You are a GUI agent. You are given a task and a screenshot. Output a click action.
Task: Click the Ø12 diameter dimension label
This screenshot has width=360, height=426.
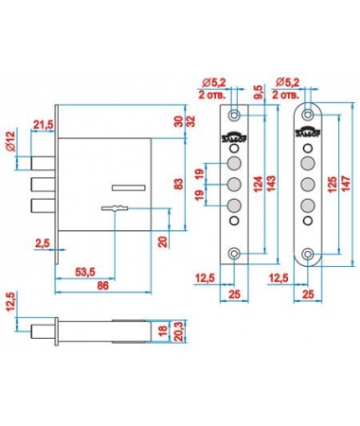tap(10, 141)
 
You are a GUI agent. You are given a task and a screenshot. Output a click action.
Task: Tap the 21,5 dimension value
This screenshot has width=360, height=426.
tap(44, 125)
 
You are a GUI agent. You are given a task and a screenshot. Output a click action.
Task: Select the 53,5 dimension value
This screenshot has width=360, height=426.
tap(85, 272)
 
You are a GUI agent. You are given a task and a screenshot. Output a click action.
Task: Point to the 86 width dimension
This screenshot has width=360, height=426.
tap(102, 286)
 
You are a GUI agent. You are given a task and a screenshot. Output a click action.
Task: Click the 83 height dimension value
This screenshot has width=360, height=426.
tap(178, 184)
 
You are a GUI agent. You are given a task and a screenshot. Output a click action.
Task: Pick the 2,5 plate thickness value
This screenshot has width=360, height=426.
tap(43, 243)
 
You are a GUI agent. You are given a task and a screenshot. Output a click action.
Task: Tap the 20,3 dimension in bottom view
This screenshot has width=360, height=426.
tap(179, 330)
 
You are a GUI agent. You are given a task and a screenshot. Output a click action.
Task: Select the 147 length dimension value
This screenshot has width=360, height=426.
tap(346, 186)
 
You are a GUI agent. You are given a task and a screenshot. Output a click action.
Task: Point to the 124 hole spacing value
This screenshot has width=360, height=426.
tap(258, 186)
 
